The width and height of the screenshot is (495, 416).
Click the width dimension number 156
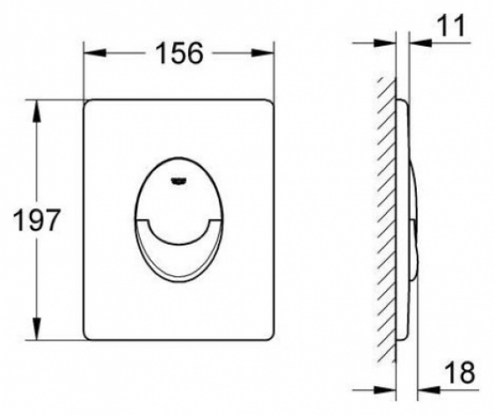point(179,53)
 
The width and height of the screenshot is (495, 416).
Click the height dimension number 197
point(36,220)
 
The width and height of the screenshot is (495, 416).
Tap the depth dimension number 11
point(452,25)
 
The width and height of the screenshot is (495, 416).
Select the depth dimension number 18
point(460,373)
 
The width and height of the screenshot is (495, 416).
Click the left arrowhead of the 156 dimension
point(94,53)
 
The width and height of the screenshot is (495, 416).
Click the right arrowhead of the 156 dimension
point(263,53)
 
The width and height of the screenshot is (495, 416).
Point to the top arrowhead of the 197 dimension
point(37,111)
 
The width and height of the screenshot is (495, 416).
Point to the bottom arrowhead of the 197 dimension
point(37,329)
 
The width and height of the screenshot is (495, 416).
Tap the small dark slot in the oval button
point(179,181)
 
